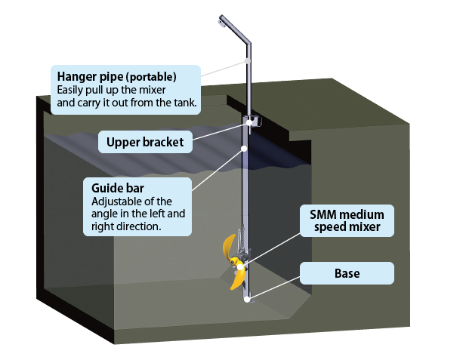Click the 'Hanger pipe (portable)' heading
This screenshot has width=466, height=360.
pyautogui.click(x=116, y=76)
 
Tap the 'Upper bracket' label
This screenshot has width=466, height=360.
pyautogui.click(x=145, y=141)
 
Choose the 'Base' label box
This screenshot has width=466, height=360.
pyautogui.click(x=347, y=272)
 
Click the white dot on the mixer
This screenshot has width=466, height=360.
pyautogui.click(x=240, y=266)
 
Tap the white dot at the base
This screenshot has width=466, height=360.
pyautogui.click(x=247, y=298)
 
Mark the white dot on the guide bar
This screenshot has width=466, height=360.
pyautogui.click(x=245, y=149)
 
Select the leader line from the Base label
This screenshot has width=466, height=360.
pyautogui.click(x=276, y=286)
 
